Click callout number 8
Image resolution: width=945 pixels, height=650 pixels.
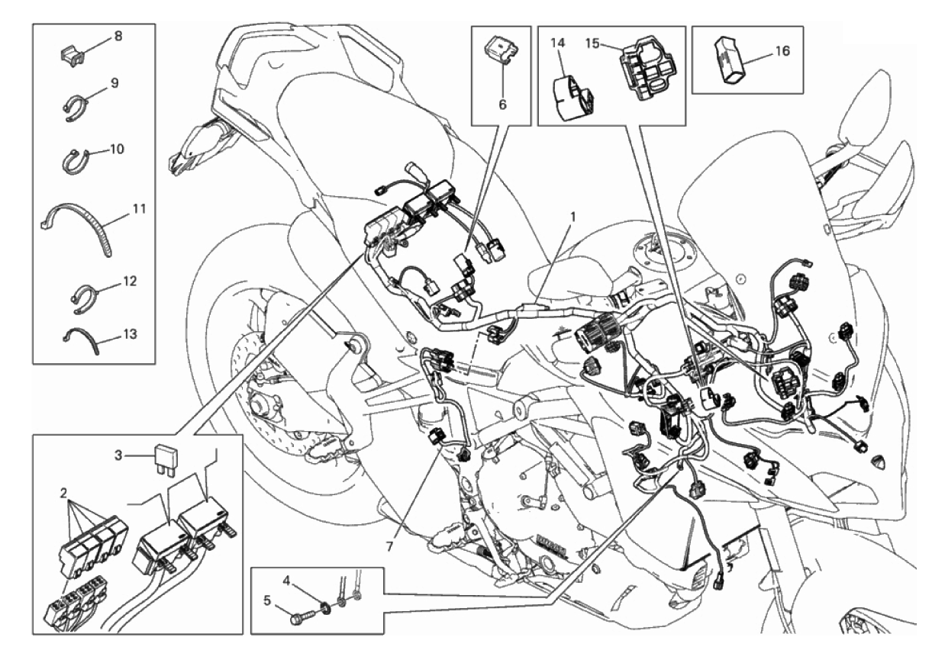point(118,37)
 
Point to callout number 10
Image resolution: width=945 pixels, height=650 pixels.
point(118,150)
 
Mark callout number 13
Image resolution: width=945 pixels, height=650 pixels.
point(131,334)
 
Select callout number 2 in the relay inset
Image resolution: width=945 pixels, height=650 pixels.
point(63,493)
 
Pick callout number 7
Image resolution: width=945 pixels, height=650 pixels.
point(389,547)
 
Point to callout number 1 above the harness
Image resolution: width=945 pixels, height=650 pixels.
point(572,217)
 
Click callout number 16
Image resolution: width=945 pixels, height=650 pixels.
point(782,51)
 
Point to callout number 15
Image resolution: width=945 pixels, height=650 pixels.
point(593,43)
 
